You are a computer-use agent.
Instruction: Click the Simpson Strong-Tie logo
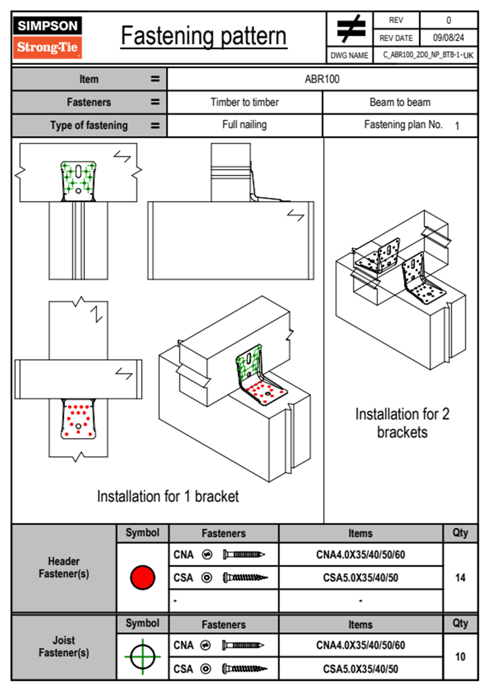click(x=47, y=37)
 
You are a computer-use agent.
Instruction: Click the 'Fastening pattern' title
click(x=204, y=36)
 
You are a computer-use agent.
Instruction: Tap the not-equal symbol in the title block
click(x=350, y=29)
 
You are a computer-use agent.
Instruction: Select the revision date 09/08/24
click(x=448, y=38)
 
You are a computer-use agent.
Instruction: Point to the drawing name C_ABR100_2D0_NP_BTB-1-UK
click(x=428, y=55)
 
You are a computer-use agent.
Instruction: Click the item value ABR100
click(x=322, y=79)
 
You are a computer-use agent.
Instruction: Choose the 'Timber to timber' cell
click(x=245, y=102)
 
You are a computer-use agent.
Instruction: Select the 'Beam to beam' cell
click(x=400, y=102)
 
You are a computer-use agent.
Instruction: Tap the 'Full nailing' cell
click(x=245, y=125)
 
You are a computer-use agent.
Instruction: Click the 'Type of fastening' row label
click(x=89, y=125)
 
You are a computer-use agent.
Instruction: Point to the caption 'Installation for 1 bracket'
click(x=168, y=497)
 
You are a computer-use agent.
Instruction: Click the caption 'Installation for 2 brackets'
click(x=402, y=423)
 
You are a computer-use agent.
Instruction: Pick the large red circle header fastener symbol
click(x=142, y=577)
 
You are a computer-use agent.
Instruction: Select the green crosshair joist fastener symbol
click(x=142, y=657)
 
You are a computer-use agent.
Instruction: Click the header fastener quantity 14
click(x=460, y=578)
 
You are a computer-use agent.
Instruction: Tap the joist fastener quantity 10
click(x=460, y=657)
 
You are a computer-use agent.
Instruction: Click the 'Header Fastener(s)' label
click(x=64, y=567)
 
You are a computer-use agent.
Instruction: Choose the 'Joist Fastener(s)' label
click(x=64, y=646)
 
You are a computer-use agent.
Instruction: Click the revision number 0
click(x=448, y=20)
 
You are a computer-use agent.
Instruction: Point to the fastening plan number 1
click(x=457, y=126)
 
